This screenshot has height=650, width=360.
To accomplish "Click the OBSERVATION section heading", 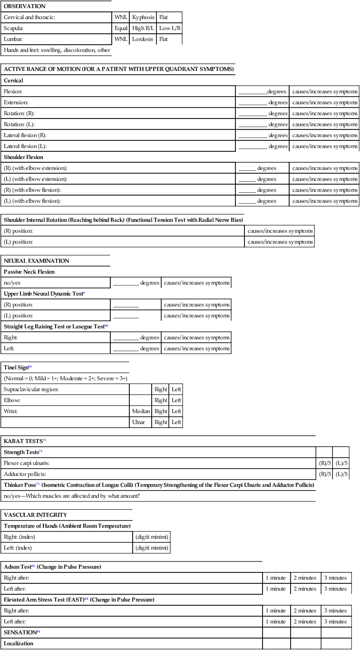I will [25, 6].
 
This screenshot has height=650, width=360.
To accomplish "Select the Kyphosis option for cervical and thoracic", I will [143, 17].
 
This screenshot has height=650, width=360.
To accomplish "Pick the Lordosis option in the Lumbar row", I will [143, 39].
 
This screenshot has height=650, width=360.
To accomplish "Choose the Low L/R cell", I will [170, 28].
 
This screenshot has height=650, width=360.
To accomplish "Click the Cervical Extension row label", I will [16, 102].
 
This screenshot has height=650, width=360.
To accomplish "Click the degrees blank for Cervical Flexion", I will [253, 91].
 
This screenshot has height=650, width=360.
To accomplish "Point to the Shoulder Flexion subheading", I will [24, 157].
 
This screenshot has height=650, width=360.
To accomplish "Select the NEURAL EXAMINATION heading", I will [37, 261].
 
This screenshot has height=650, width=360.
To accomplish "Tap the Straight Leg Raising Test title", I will [53, 326].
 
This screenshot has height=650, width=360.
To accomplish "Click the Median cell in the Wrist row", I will [141, 411].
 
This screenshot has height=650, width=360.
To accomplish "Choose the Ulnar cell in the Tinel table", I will [141, 422].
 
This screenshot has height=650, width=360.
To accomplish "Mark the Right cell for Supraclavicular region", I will [161, 389].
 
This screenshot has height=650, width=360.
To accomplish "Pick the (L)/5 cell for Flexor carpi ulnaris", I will [341, 463].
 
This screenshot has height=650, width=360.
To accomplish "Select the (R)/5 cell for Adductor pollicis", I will [324, 474].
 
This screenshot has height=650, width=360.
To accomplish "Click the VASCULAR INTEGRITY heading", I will [35, 515].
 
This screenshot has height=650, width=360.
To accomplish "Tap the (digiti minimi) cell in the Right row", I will [151, 537].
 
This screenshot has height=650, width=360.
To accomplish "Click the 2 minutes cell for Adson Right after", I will [305, 578].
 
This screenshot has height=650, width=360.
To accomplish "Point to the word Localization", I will [19, 643].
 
